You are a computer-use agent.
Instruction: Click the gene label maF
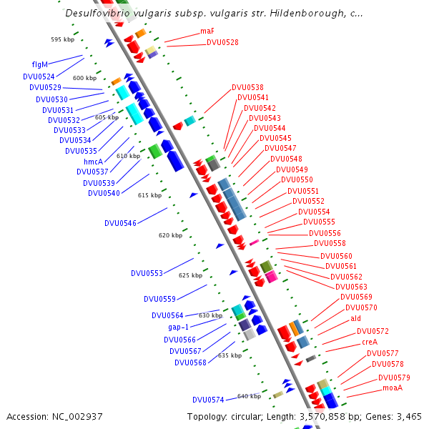[x=207, y=31]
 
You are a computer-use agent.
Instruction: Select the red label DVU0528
[x=222, y=43]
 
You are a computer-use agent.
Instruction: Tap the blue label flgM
[x=40, y=64]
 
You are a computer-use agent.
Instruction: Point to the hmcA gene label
[x=94, y=162]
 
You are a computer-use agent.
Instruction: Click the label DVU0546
[x=120, y=223]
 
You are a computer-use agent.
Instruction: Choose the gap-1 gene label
[x=174, y=327]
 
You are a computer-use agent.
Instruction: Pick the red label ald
[x=355, y=319]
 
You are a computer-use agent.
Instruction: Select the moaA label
[x=393, y=388]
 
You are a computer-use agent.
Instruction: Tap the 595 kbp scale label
[x=63, y=39]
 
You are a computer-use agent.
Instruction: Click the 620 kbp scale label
[x=170, y=235]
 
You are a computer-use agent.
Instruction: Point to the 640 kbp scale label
[x=249, y=396]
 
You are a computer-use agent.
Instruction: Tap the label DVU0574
[x=208, y=400]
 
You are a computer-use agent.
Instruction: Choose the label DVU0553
[x=147, y=273]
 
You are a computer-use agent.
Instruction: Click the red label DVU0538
[x=247, y=88]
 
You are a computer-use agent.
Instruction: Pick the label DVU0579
[x=394, y=378]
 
